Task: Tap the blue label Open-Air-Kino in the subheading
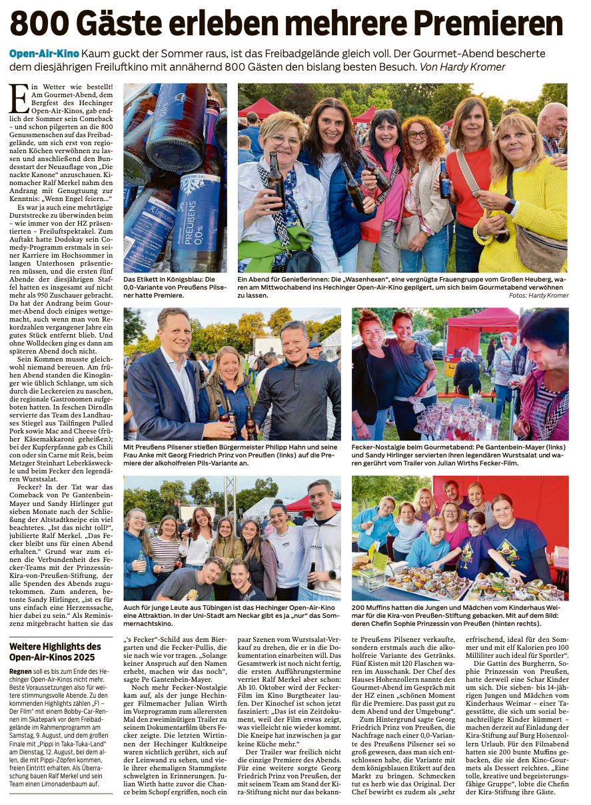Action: tap(44, 53)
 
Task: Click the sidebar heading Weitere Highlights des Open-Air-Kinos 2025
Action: tap(55, 651)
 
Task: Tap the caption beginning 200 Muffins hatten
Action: tap(460, 616)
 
